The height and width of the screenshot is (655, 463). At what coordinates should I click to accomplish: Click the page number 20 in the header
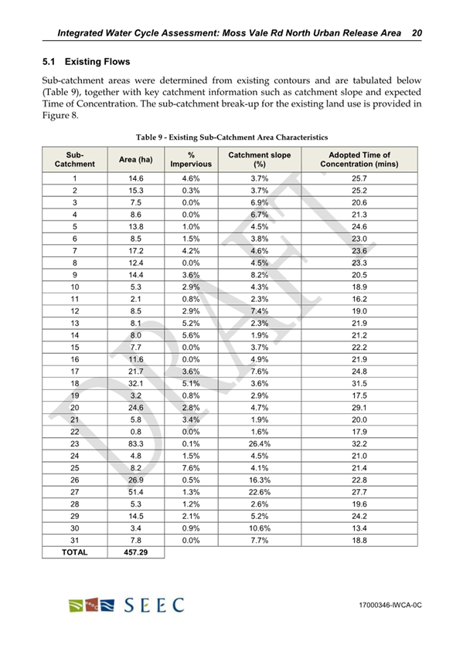click(417, 33)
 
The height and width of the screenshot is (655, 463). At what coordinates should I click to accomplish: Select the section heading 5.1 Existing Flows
click(86, 60)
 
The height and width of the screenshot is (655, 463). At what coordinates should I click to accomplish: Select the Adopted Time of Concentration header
click(359, 160)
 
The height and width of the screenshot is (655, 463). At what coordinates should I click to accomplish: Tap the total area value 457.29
click(134, 553)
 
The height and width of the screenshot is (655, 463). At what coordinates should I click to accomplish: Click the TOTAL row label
click(76, 553)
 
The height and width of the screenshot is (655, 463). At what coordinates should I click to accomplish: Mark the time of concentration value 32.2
click(359, 466)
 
